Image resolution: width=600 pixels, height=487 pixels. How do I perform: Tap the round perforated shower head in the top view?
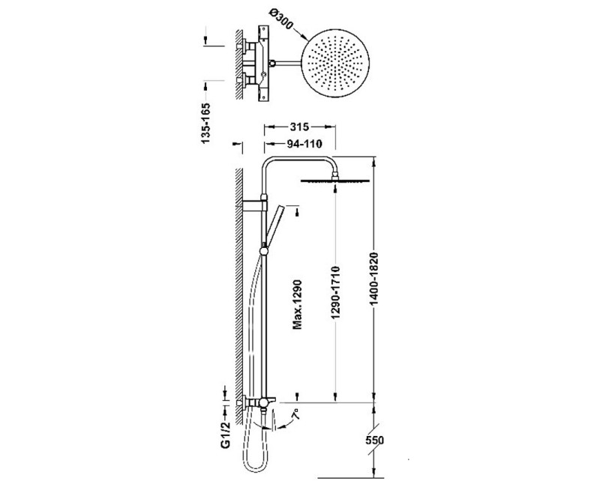[x=337, y=63]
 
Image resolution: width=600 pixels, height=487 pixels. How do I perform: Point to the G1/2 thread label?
[x=225, y=434]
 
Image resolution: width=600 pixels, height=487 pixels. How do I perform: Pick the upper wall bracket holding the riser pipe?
[x=253, y=203]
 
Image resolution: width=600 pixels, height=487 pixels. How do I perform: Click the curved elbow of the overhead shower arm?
[x=270, y=163]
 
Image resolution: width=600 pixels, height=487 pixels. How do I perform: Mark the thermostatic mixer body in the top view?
[x=262, y=63]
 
